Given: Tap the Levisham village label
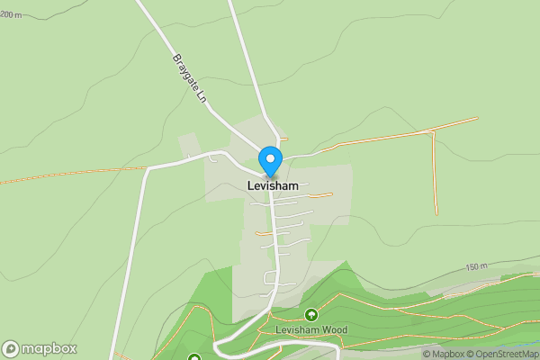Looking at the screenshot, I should pos(273,185).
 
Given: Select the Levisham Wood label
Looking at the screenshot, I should pos(310,329).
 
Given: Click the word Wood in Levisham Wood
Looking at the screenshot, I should pos(334,329).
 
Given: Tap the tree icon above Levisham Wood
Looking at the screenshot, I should pos(310,314).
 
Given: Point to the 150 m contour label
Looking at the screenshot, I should pos(476,267).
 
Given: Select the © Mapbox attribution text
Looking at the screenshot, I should pos(443,354).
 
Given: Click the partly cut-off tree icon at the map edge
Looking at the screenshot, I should pos(193,357).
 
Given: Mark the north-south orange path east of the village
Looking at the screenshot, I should pos(435,175).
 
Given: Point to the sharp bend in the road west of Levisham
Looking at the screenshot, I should pos(144,168).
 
